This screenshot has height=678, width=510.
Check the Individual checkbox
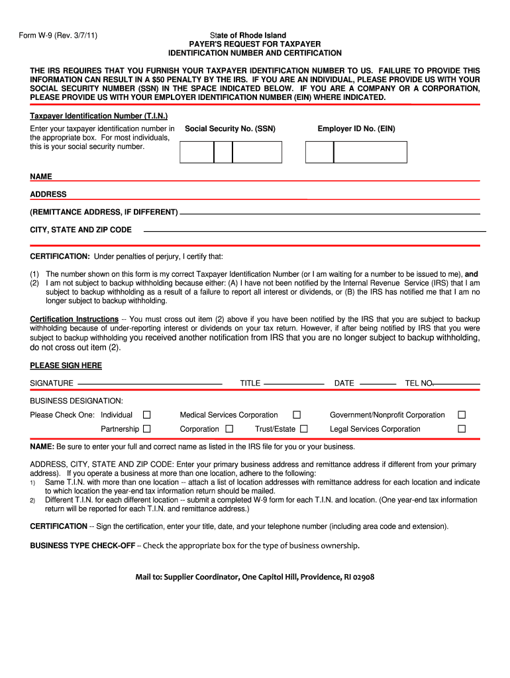(x=147, y=415)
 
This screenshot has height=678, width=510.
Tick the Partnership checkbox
(x=147, y=429)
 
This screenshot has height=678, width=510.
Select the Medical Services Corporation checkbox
(x=297, y=415)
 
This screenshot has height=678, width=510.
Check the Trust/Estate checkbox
(x=304, y=429)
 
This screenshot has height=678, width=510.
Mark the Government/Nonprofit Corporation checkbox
(x=462, y=415)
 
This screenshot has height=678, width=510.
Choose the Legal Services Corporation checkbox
(x=462, y=429)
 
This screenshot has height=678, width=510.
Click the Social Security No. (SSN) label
(x=230, y=129)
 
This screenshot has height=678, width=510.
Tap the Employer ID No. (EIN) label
(x=356, y=129)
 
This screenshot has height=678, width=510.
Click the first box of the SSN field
(x=197, y=152)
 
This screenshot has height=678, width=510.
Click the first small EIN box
(x=319, y=152)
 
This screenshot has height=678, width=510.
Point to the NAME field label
(x=41, y=177)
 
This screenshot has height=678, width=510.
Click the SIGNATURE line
(x=149, y=383)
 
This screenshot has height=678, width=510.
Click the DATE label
(x=344, y=383)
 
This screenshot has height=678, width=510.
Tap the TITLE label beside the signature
(x=250, y=383)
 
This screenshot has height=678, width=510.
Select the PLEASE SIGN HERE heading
(x=66, y=365)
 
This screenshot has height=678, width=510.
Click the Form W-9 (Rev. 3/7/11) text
(x=59, y=35)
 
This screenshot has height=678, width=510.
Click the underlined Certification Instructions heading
(x=74, y=319)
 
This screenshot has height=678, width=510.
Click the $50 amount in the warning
(x=178, y=79)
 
